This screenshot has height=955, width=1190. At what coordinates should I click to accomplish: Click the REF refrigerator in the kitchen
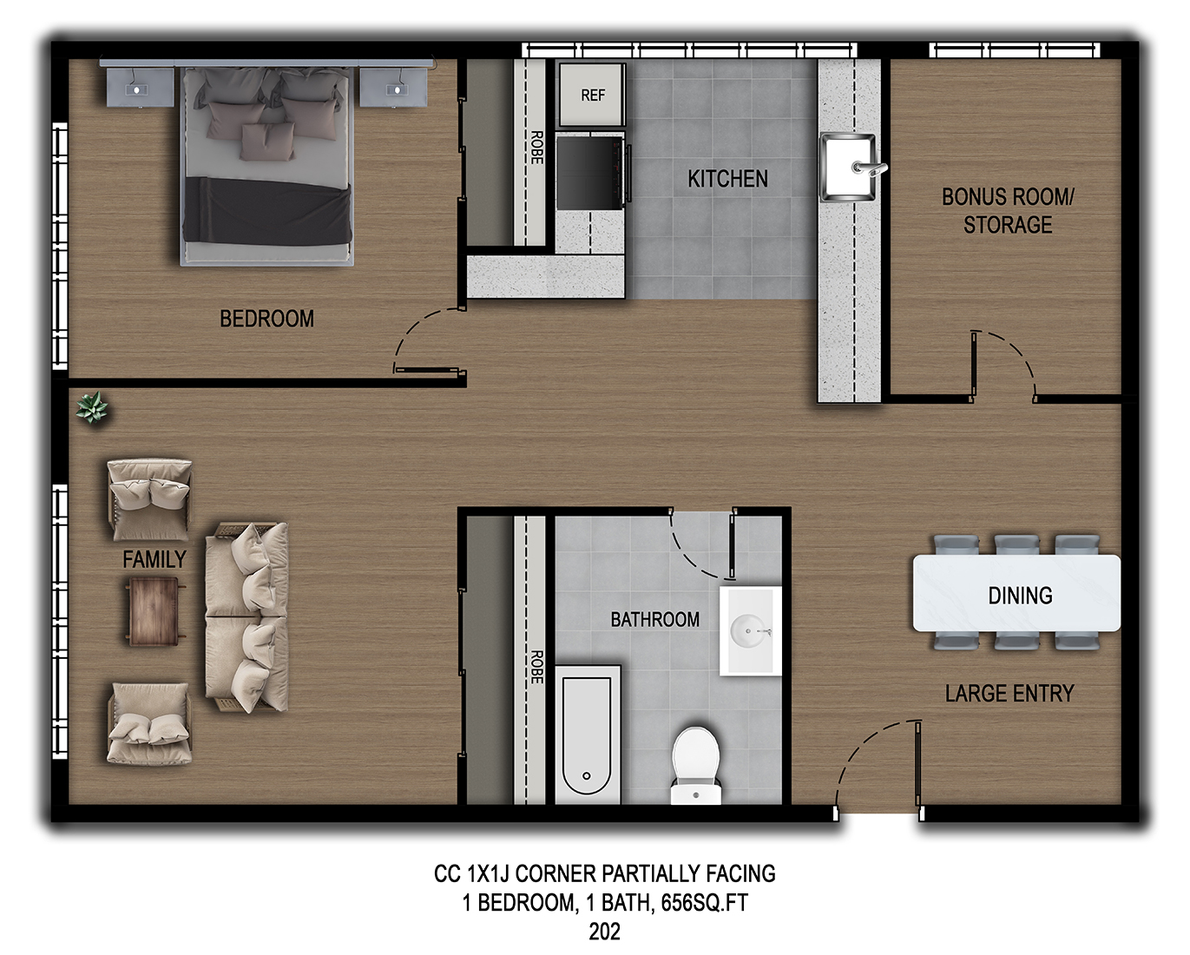click(x=592, y=95)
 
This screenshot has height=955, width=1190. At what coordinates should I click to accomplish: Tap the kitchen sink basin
click(x=848, y=167)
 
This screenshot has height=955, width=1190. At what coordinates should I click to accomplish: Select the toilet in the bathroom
click(x=695, y=766)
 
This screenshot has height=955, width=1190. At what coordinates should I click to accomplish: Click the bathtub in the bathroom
click(x=588, y=735)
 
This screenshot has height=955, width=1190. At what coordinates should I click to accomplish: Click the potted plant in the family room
click(x=92, y=408)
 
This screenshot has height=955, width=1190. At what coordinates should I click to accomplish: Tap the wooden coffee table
click(x=154, y=611)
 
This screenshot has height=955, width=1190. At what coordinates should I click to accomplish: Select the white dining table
click(x=1016, y=594)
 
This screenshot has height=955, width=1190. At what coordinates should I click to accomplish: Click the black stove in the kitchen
click(x=591, y=173)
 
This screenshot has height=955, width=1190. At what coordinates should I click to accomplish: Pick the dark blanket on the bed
click(x=267, y=211)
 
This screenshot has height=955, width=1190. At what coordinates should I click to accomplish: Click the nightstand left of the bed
click(x=140, y=86)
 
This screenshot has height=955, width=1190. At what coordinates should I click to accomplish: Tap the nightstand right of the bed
click(x=393, y=86)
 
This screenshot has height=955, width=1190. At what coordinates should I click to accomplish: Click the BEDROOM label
click(x=266, y=319)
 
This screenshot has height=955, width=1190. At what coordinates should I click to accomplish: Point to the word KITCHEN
click(x=727, y=179)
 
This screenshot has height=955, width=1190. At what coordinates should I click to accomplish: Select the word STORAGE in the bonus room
click(x=1008, y=225)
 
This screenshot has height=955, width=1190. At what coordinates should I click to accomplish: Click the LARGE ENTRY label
click(x=1009, y=694)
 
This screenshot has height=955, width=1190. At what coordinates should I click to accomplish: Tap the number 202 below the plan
click(x=604, y=932)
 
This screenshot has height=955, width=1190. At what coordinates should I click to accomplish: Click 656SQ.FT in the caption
click(x=704, y=902)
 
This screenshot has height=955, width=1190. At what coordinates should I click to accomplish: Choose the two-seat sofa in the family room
click(x=247, y=617)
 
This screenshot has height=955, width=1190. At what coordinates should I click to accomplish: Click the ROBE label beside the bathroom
click(x=536, y=667)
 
